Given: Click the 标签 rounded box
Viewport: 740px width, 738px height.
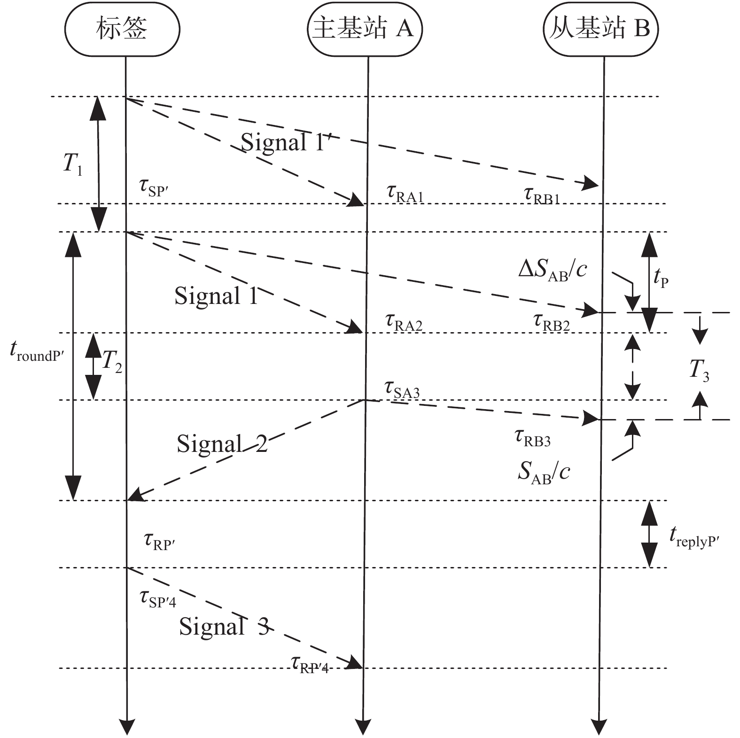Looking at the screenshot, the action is [x=122, y=29].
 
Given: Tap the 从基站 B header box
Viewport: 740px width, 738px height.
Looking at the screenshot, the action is [x=601, y=29].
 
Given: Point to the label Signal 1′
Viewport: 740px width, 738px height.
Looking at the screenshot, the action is [x=288, y=141].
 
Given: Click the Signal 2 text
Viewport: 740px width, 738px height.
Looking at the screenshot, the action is [x=222, y=443].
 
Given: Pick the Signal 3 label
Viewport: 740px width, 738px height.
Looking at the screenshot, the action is [x=224, y=626].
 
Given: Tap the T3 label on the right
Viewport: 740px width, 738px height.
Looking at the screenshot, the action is [x=699, y=370].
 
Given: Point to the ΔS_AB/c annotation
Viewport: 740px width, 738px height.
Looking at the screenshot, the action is [x=553, y=270].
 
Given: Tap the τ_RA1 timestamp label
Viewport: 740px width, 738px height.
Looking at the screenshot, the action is [x=405, y=194].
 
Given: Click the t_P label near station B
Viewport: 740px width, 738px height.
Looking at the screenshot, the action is [x=661, y=279].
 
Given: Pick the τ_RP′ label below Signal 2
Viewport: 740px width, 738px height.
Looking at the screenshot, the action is [x=160, y=542].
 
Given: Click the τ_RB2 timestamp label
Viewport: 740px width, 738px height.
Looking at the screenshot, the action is [x=552, y=323].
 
